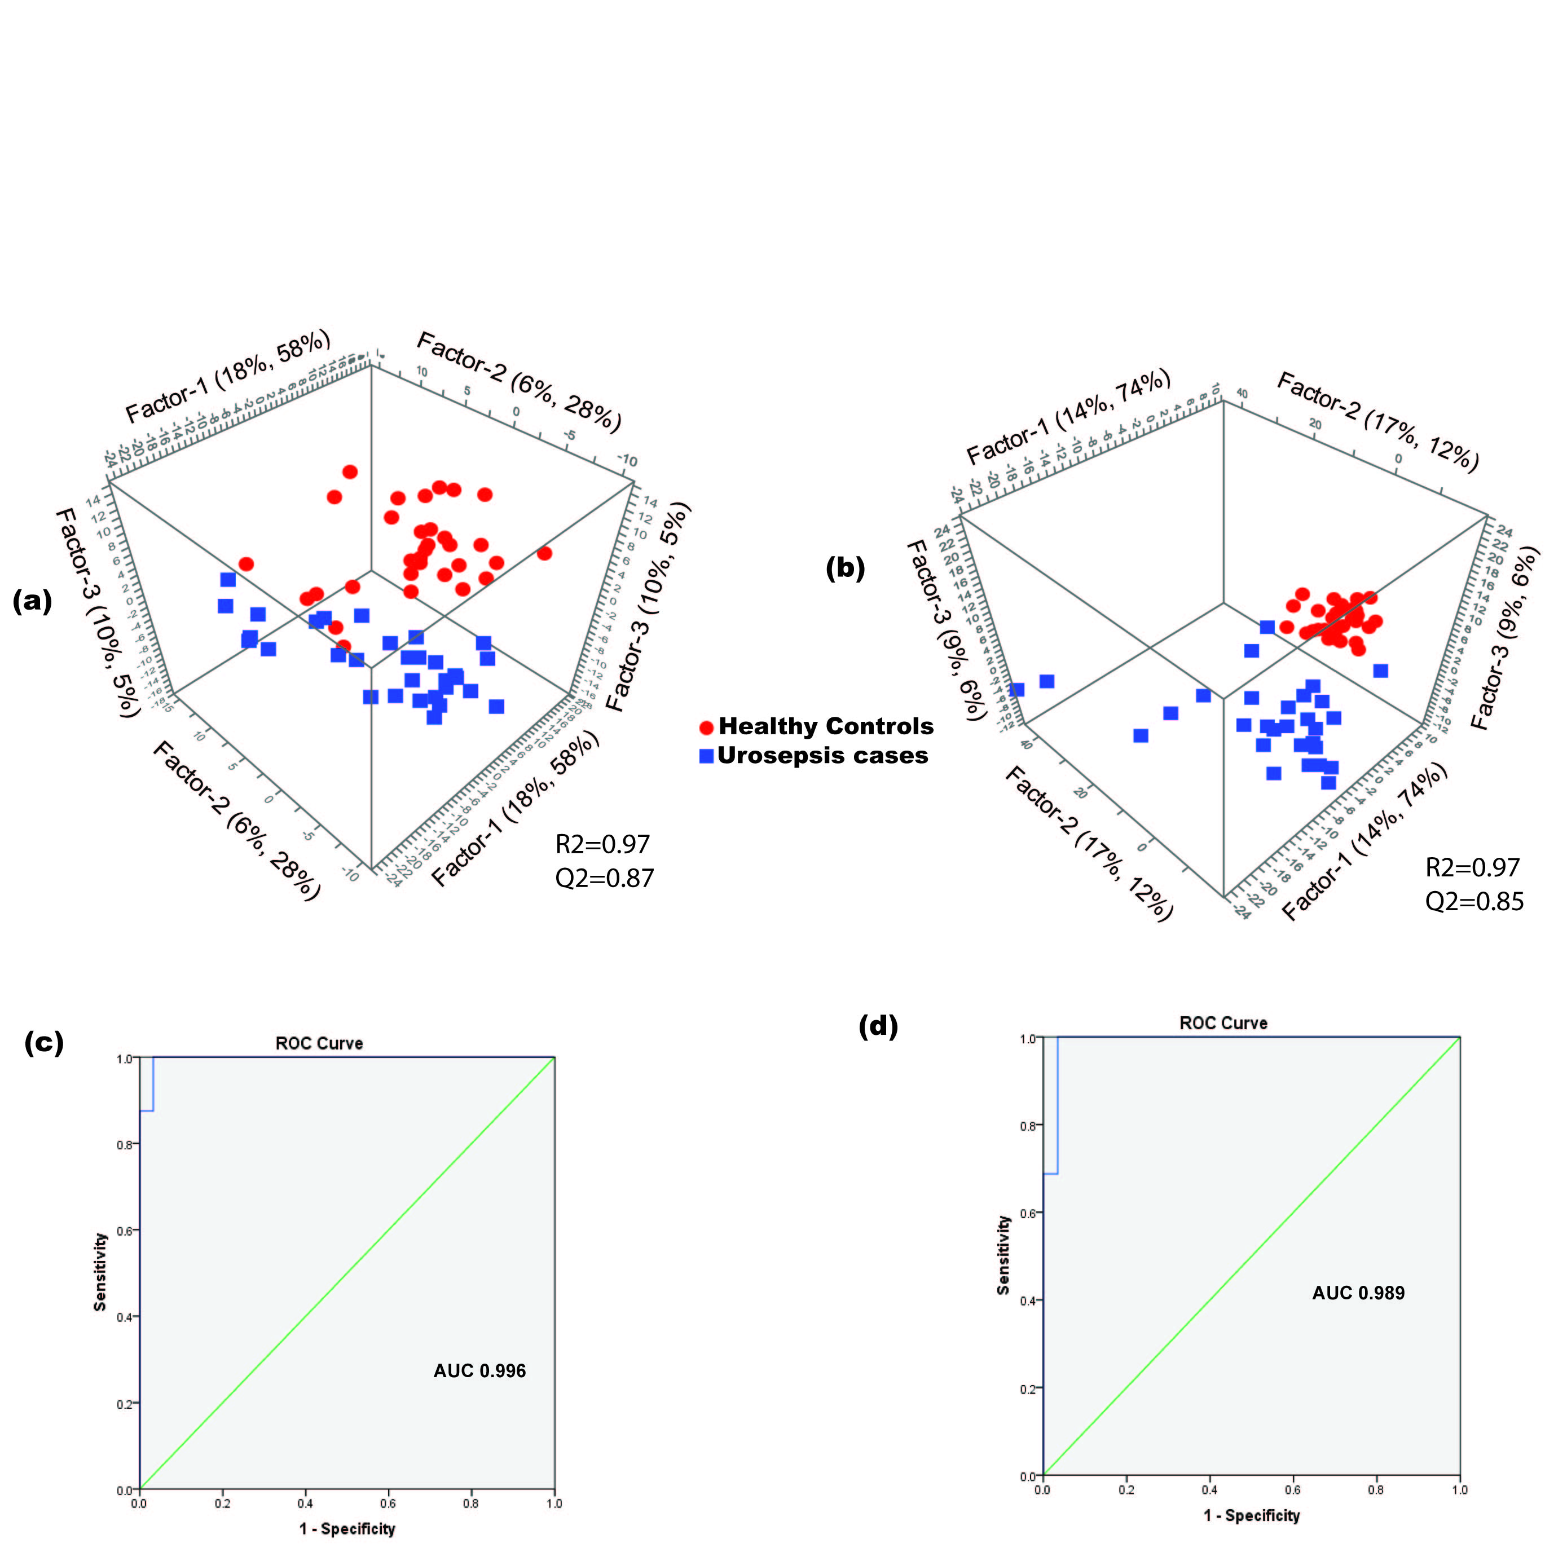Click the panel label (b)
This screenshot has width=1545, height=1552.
[845, 568]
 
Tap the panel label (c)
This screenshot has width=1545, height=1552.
[44, 1043]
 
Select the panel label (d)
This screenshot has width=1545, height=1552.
[878, 1026]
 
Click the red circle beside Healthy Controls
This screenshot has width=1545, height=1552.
[707, 728]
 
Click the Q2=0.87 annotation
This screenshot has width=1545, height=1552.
[604, 878]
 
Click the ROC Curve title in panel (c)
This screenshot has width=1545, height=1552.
[319, 1043]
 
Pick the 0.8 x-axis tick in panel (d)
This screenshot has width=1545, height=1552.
[1377, 1489]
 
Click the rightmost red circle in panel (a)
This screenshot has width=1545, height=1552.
[545, 553]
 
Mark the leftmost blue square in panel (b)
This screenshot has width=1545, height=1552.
[1017, 689]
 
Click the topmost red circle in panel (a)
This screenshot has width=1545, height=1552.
[350, 471]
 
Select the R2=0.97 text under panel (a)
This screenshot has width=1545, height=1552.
[602, 844]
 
